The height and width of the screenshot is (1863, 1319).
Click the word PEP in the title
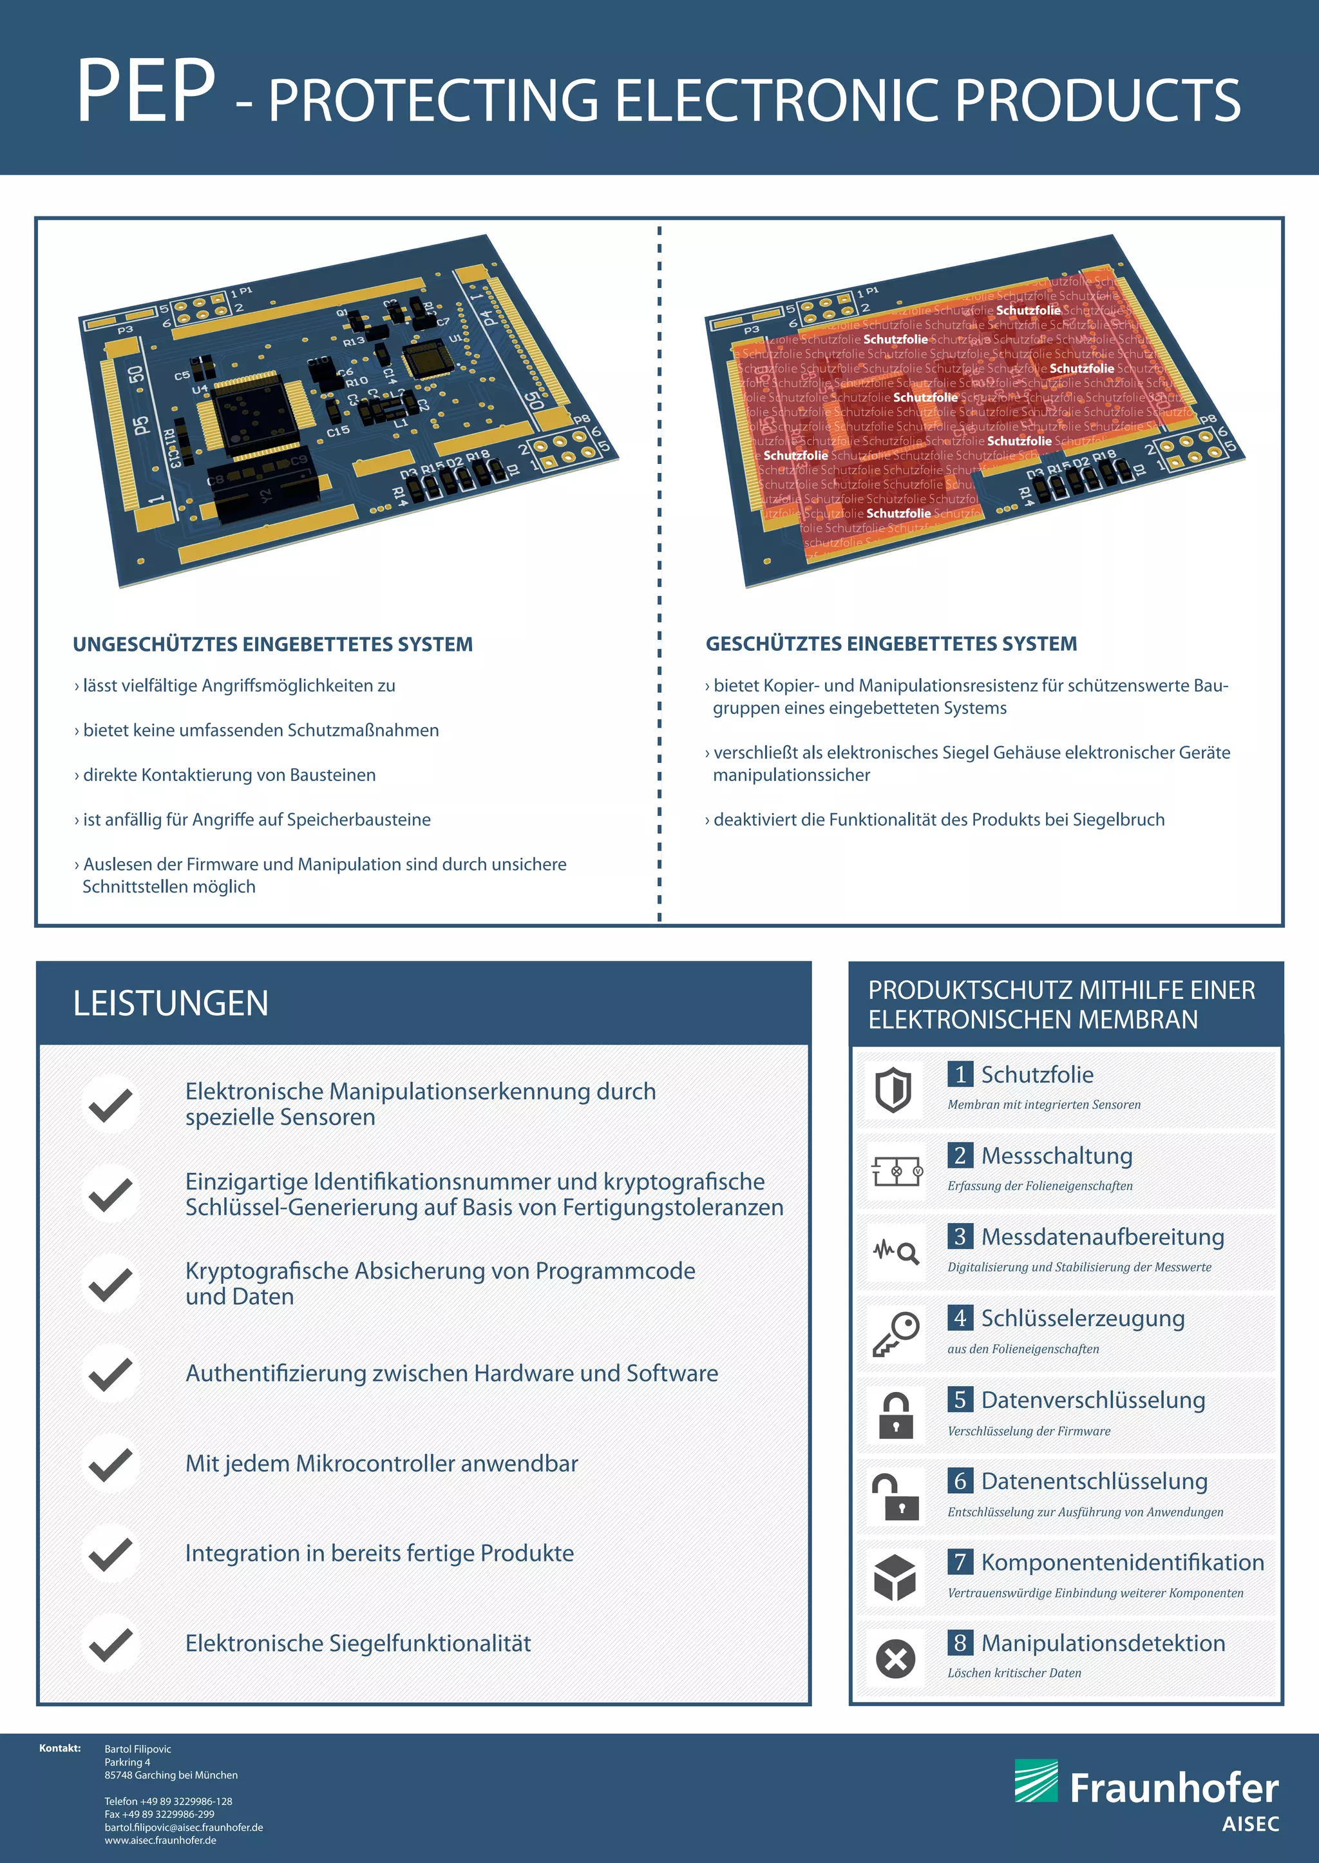(146, 92)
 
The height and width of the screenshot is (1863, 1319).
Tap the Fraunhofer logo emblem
(1036, 1780)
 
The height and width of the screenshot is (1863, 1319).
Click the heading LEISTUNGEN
(171, 1003)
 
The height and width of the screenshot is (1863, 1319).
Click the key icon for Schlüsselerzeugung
(895, 1333)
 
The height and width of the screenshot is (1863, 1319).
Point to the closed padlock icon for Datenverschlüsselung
(895, 1415)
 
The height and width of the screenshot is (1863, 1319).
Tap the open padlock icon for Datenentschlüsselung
(895, 1496)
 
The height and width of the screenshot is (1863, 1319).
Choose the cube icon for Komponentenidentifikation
(895, 1577)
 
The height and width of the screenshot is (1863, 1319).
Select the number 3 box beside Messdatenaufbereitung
(960, 1237)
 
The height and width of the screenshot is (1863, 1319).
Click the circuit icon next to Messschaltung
(896, 1172)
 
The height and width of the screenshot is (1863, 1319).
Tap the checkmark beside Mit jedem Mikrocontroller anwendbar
(111, 1464)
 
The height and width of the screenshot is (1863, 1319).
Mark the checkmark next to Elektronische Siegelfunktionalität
(111, 1644)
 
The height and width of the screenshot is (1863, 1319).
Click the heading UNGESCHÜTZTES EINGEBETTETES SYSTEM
(273, 644)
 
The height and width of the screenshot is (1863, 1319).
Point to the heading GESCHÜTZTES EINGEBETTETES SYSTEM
(891, 644)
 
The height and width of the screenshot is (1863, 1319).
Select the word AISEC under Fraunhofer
(1250, 1824)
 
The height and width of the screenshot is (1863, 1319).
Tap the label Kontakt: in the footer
(60, 1748)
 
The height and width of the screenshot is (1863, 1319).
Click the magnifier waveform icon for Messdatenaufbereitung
(895, 1253)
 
